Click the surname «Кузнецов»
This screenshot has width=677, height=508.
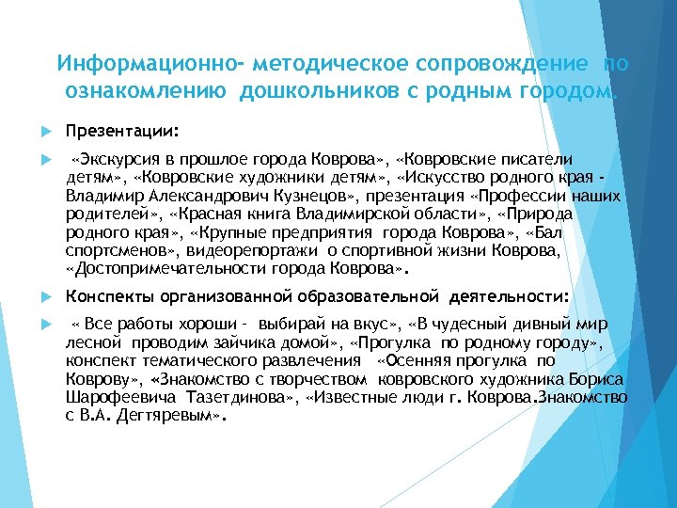click(x=306, y=196)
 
